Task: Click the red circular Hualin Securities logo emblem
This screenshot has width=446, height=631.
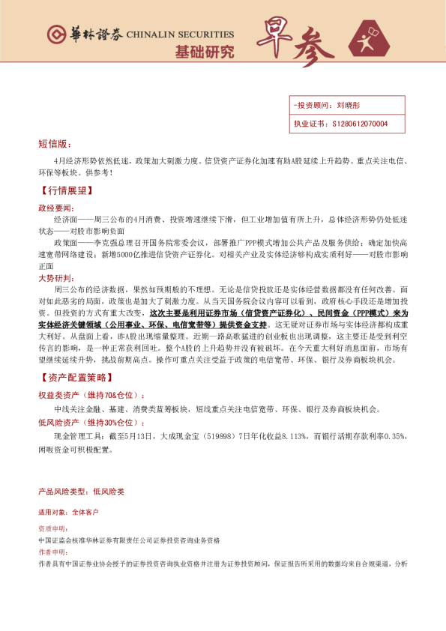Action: click(x=55, y=34)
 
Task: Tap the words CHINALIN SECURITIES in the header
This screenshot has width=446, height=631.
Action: click(x=180, y=34)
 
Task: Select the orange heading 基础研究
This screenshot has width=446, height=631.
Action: click(x=204, y=52)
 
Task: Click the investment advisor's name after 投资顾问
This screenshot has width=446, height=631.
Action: click(x=349, y=106)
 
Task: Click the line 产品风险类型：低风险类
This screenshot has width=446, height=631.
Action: click(x=81, y=492)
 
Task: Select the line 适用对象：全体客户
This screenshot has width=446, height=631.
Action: click(x=67, y=513)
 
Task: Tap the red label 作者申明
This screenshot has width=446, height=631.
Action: click(x=52, y=552)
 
